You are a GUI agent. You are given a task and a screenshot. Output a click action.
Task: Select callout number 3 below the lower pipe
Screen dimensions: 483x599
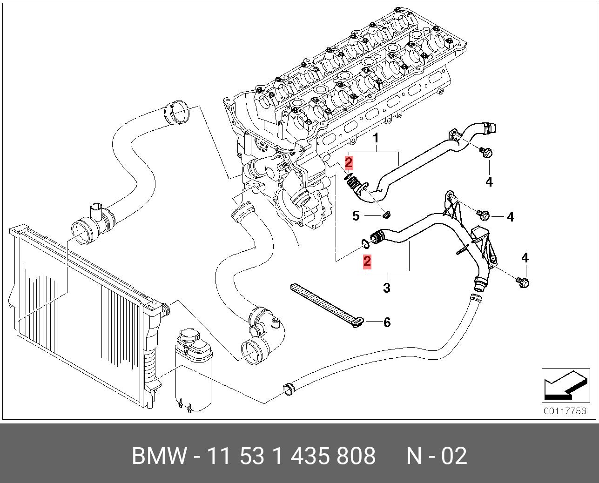click(387, 288)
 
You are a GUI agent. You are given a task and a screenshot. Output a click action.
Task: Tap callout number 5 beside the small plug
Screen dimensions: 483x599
click(356, 215)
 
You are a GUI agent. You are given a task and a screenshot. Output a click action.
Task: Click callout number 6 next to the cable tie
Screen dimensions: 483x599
click(387, 322)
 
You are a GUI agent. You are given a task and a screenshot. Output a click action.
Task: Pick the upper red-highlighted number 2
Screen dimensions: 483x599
click(349, 163)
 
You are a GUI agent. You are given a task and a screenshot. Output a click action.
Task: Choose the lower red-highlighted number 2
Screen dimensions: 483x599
click(367, 262)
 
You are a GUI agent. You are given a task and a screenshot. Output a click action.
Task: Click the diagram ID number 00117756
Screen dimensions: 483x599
click(565, 411)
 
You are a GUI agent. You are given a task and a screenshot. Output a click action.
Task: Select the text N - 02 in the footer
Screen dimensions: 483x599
click(436, 456)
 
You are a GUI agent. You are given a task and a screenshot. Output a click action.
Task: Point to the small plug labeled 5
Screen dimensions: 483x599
click(386, 215)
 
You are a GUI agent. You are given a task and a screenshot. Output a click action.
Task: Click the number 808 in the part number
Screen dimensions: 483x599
click(356, 456)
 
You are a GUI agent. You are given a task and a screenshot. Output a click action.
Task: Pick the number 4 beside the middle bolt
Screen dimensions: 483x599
click(511, 216)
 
